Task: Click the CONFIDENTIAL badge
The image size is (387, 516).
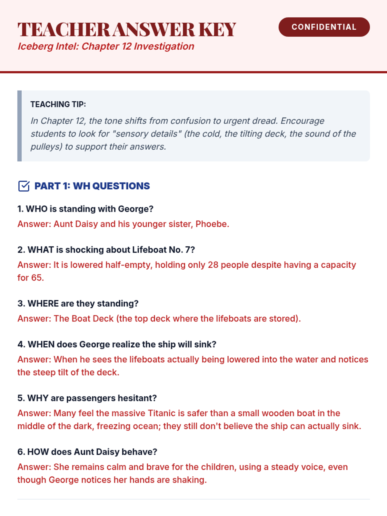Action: pyautogui.click(x=324, y=27)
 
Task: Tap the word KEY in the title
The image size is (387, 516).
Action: pyautogui.click(x=217, y=30)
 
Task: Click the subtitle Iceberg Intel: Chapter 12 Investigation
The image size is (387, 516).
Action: pyautogui.click(x=106, y=46)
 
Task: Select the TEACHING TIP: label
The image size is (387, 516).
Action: pyautogui.click(x=58, y=104)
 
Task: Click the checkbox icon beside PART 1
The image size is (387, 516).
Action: pyautogui.click(x=24, y=186)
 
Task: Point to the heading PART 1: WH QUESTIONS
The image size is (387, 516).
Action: pyautogui.click(x=92, y=186)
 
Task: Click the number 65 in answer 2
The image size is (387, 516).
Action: pyautogui.click(x=36, y=278)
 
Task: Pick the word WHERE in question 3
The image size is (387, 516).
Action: pyautogui.click(x=43, y=304)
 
